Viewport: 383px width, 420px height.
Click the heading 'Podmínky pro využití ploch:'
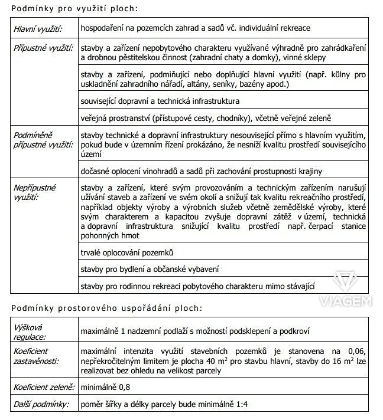[x=74, y=9]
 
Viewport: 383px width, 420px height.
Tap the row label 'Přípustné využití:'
[x=43, y=47]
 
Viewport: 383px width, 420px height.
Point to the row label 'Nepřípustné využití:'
[x=35, y=192]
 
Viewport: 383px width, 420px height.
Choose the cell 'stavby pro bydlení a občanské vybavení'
[x=150, y=269]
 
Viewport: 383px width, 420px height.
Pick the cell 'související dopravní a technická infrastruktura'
[x=160, y=101]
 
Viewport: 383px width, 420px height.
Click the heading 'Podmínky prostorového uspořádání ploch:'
[x=106, y=308]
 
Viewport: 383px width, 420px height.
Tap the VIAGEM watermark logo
[x=345, y=289]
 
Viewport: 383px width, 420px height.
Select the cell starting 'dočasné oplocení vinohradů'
[x=201, y=171]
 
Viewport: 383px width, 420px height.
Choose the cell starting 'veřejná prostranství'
[x=206, y=118]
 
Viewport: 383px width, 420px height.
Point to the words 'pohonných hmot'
[x=110, y=236]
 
